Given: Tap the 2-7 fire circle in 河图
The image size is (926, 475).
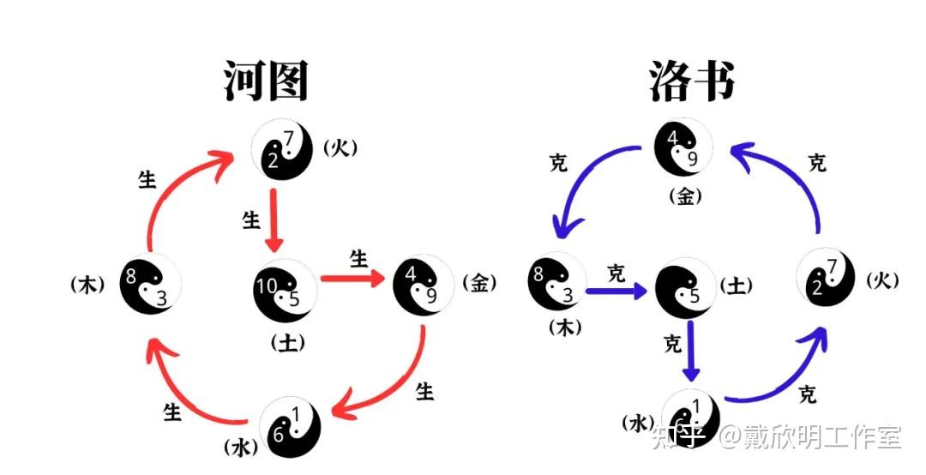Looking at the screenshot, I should click(283, 149).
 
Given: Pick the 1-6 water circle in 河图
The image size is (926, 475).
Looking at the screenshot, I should click(292, 427).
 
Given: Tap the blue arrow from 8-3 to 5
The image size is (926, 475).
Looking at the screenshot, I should click(617, 291).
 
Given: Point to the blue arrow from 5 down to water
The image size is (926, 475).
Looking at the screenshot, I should click(691, 352).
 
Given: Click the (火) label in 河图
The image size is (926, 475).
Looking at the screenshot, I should click(340, 148).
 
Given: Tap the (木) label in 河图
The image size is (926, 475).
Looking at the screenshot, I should click(88, 285).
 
